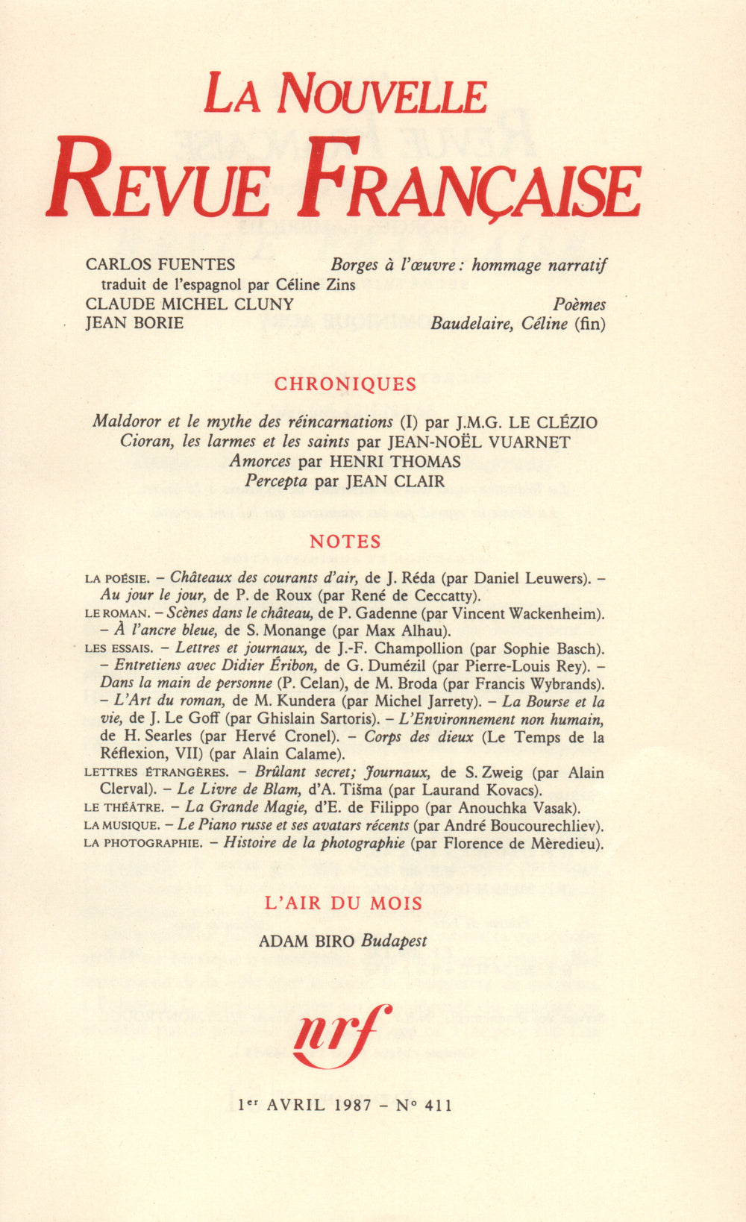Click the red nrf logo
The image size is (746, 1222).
[342, 1035]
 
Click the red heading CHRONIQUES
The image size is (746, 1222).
[345, 384]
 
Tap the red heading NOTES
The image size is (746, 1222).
[345, 542]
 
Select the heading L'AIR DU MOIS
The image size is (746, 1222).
[345, 903]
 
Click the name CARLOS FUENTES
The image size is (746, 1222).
[160, 264]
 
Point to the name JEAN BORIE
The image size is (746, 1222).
[134, 324]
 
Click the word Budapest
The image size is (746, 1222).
[394, 941]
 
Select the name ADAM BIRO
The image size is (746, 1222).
[307, 941]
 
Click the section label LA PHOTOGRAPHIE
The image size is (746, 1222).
[142, 844]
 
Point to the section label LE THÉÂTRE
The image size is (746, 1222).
[124, 807]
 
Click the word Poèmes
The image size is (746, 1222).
[579, 304]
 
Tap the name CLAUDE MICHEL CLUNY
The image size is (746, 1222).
[189, 304]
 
